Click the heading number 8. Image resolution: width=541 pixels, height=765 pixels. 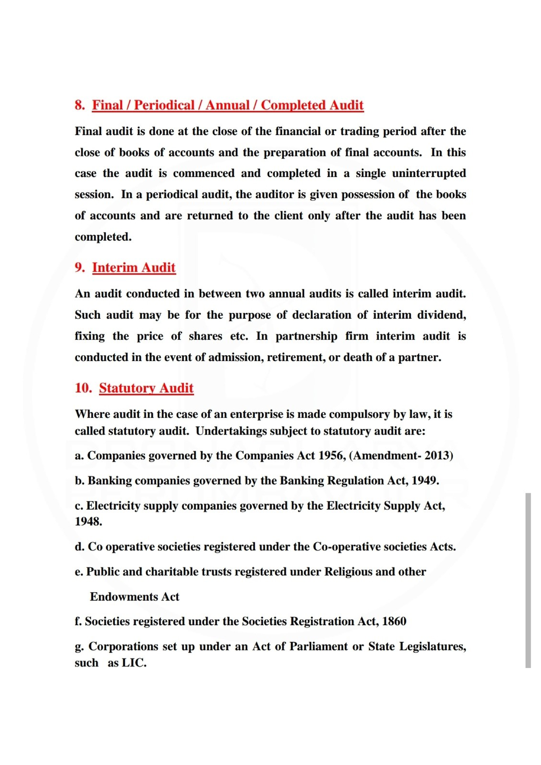(79, 105)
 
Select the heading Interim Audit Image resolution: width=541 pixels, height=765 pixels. (134, 267)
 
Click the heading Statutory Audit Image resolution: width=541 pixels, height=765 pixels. (146, 388)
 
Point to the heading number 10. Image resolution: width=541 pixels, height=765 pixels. (83, 388)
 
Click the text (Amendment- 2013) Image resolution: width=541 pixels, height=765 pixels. (402, 456)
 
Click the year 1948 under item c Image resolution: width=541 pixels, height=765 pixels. (88, 522)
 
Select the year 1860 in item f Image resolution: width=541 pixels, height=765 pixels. (394, 622)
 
